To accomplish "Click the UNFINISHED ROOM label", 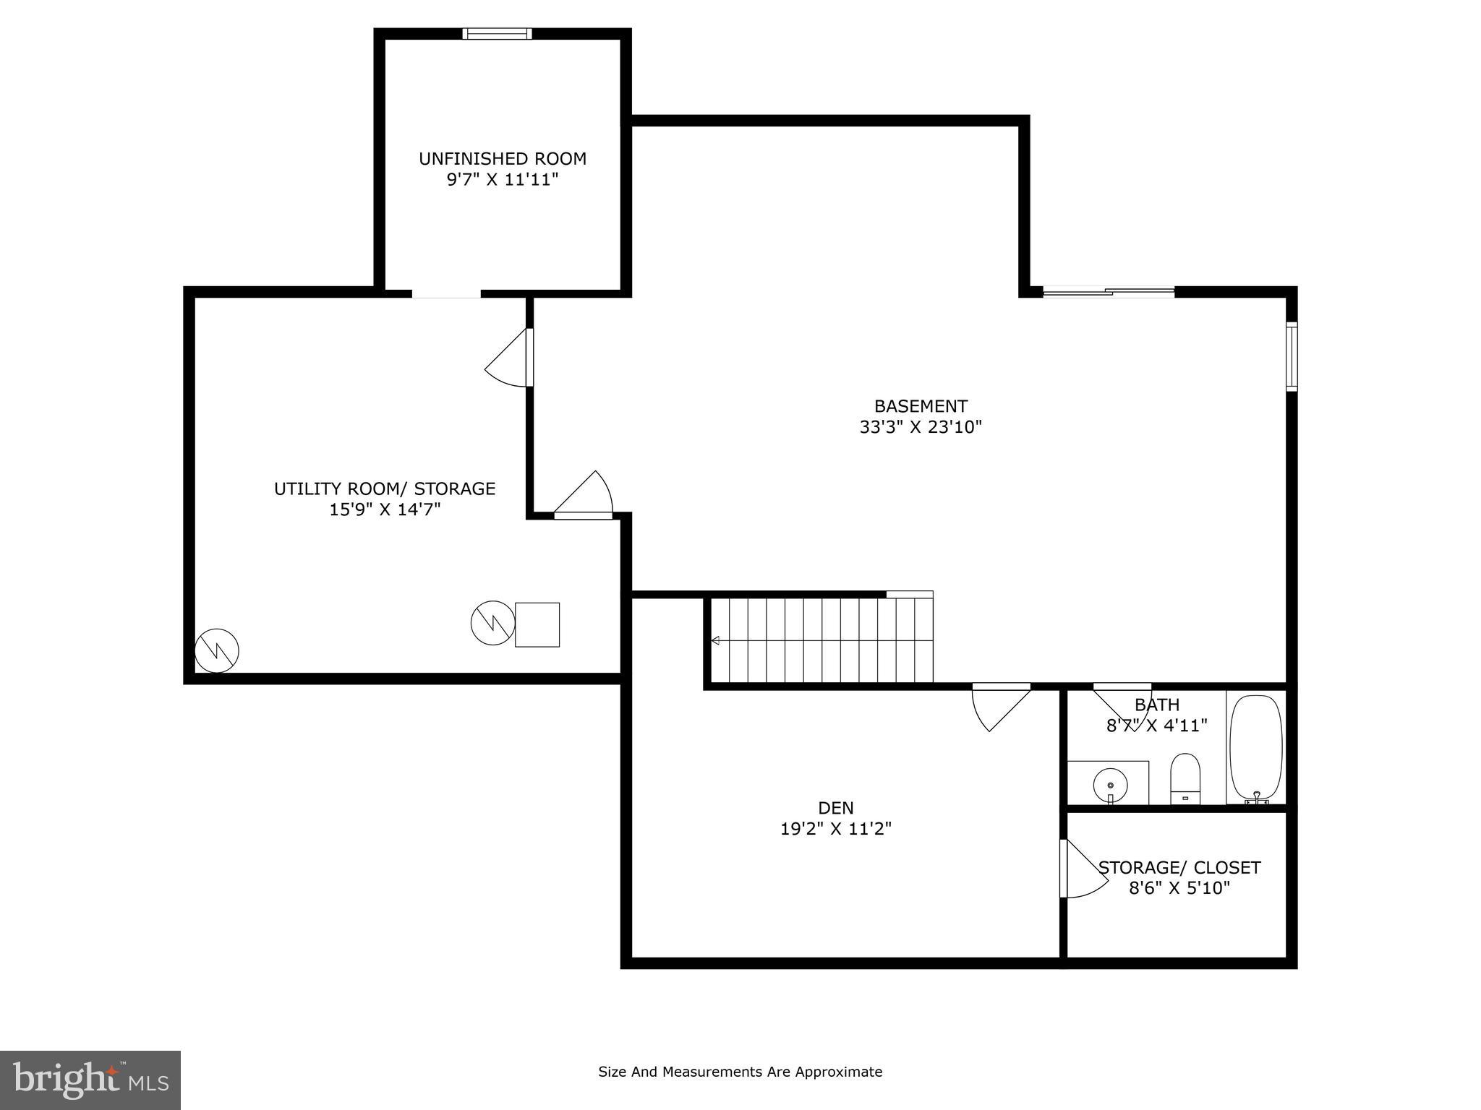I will tap(503, 159).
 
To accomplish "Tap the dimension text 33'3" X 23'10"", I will tap(921, 427).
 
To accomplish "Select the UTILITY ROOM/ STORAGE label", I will tap(385, 489).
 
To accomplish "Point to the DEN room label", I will tap(836, 808).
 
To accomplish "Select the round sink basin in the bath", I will tap(1110, 783).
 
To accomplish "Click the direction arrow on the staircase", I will tap(715, 640).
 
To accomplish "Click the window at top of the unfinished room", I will tap(498, 34).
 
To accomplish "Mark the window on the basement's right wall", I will tap(1291, 356).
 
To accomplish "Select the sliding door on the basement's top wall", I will tap(1109, 292).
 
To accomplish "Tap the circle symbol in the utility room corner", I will tap(217, 650).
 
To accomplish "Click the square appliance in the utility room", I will tap(537, 624).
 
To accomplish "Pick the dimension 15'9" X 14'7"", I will tap(385, 510).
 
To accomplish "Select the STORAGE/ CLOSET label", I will tap(1179, 868).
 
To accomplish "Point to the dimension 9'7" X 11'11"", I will tap(503, 180).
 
